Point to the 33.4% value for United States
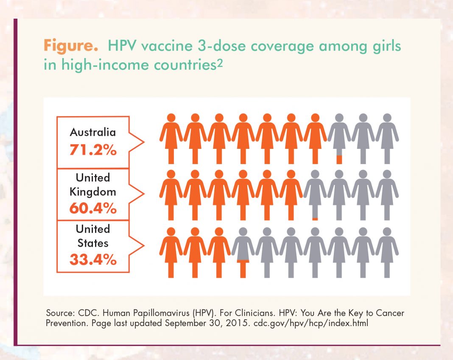(93, 260)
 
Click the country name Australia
(93, 132)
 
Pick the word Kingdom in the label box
(93, 192)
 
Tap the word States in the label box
(93, 243)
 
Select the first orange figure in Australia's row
(171, 138)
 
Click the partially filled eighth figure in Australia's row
(338, 138)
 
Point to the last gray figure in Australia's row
(387, 138)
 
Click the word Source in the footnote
(58, 314)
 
